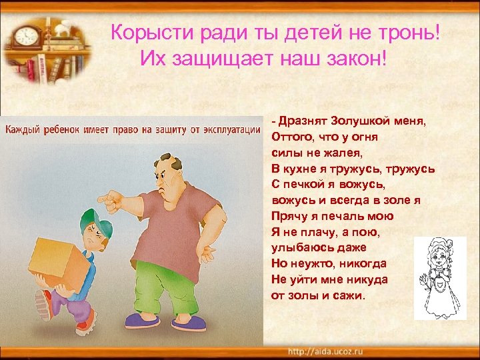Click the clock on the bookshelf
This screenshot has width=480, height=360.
click(27, 36)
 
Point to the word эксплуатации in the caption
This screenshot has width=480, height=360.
click(227, 128)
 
